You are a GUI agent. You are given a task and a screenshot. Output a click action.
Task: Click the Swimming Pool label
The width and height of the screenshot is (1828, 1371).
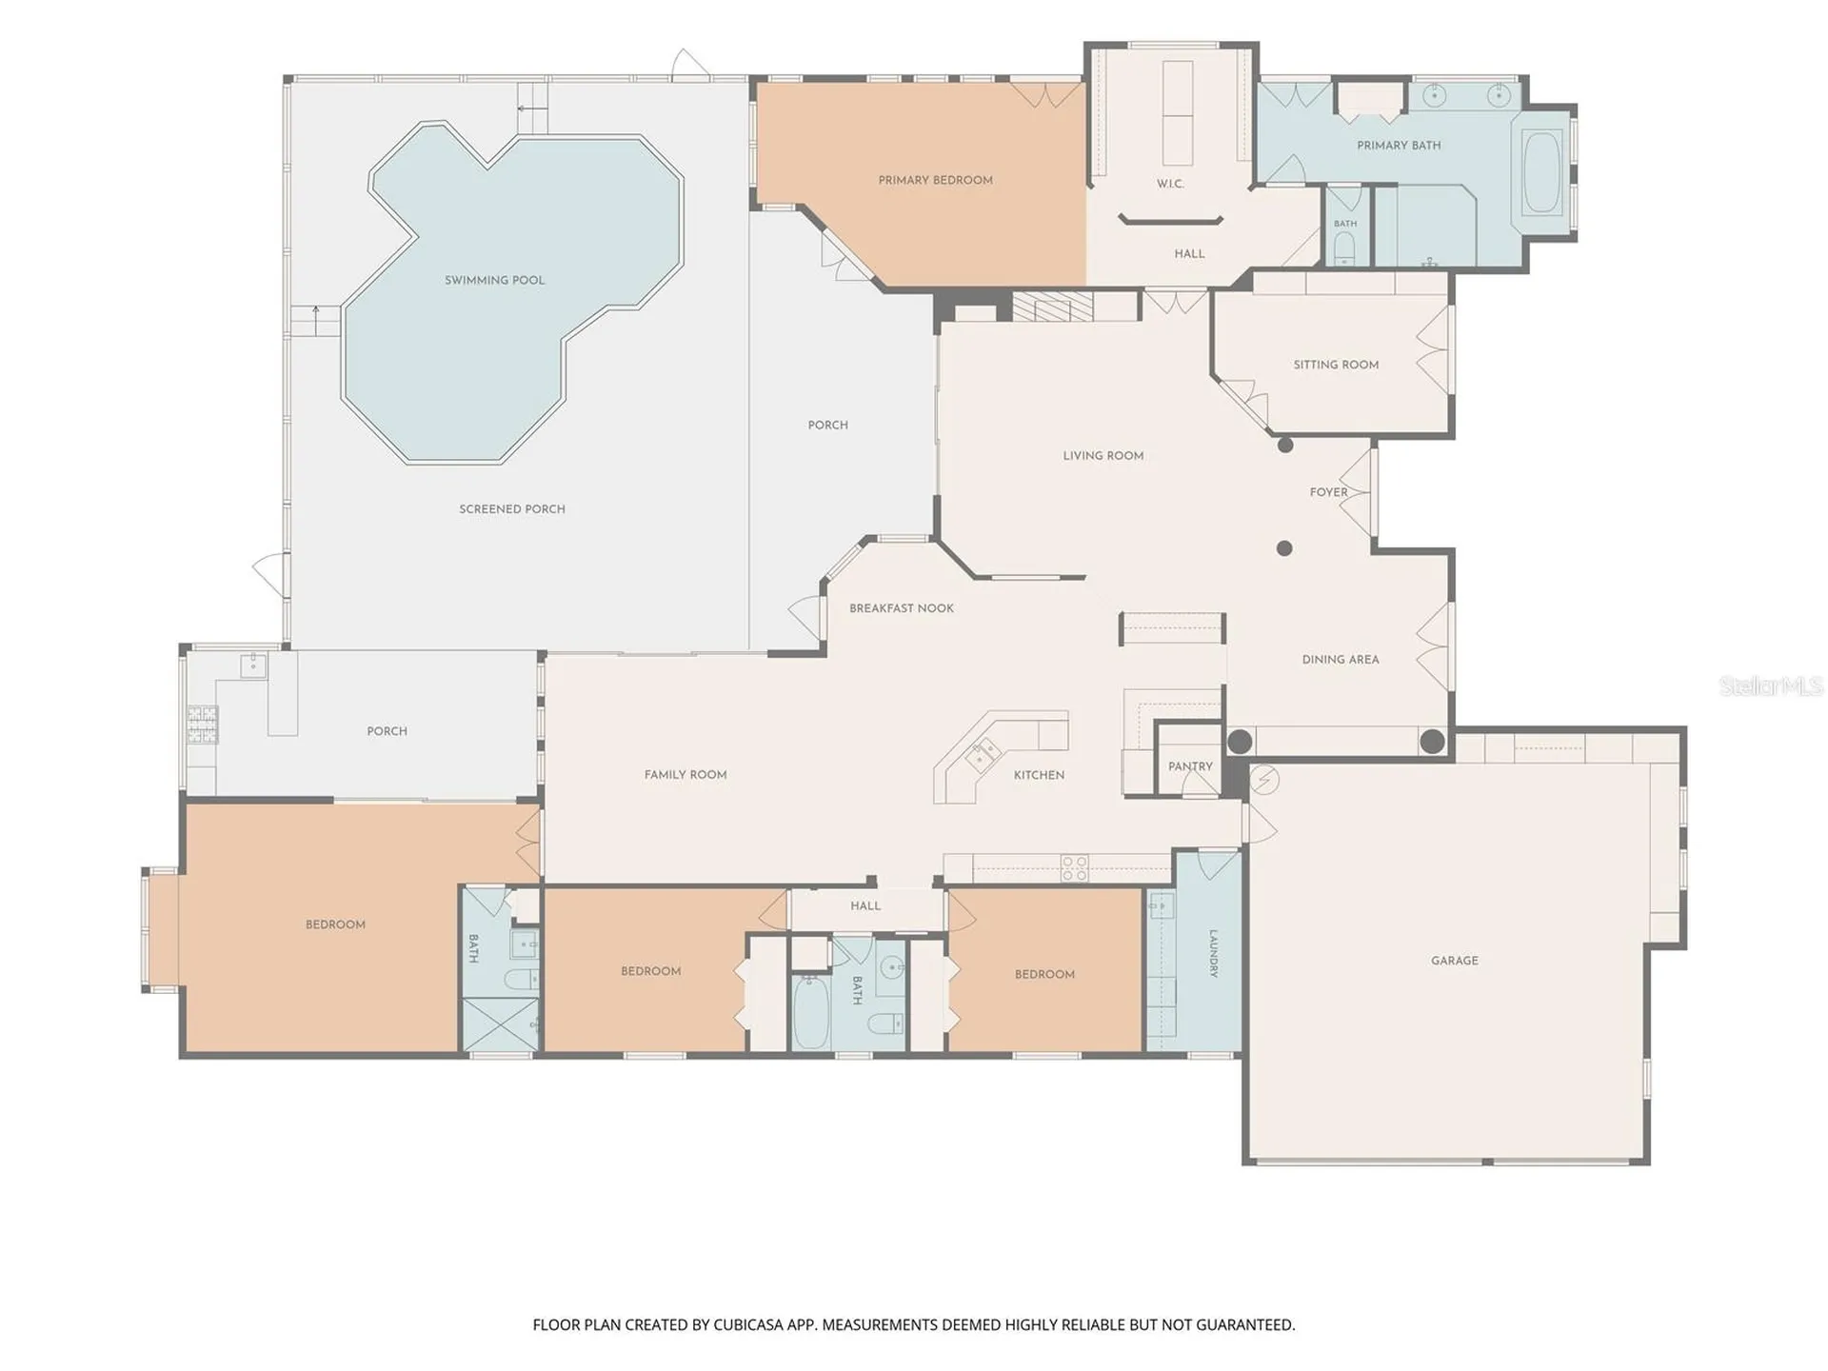click(494, 280)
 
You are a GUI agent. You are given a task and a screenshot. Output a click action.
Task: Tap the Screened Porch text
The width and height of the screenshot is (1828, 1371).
click(512, 509)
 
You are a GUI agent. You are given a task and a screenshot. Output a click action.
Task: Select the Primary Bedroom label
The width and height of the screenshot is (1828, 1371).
click(935, 180)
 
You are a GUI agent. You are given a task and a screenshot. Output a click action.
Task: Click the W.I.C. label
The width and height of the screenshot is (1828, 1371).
click(1170, 184)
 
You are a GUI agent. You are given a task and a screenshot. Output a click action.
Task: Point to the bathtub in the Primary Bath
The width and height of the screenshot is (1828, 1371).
click(1542, 173)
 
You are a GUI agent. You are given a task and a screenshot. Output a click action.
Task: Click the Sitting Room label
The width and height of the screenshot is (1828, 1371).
click(1336, 365)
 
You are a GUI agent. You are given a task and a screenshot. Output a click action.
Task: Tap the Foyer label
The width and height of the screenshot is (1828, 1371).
click(1328, 492)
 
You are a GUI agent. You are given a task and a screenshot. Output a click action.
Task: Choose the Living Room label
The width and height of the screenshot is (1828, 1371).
click(1103, 456)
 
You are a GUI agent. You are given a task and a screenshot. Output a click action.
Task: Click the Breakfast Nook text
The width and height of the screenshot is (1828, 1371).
click(901, 608)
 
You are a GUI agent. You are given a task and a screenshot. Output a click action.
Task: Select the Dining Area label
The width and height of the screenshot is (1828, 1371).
click(1341, 660)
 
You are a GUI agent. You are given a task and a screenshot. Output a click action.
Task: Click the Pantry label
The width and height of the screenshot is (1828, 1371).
click(1190, 766)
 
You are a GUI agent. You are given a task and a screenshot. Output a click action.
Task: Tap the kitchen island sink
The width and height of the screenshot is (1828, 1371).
click(981, 755)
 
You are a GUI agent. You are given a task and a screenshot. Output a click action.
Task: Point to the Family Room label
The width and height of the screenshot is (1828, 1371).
click(685, 775)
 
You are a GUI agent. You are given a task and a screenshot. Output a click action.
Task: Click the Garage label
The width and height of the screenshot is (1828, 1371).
click(1455, 961)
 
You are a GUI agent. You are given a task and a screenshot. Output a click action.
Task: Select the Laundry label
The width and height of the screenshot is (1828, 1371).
click(1213, 953)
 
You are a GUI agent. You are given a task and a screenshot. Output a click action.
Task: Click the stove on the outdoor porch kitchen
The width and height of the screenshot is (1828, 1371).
click(202, 724)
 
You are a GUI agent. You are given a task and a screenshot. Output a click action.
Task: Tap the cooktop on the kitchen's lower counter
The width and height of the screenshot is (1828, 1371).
click(1075, 868)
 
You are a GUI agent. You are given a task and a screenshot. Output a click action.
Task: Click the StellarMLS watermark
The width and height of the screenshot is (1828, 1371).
click(1771, 685)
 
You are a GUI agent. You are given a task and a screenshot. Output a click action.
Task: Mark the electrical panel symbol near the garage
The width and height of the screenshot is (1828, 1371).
click(1264, 780)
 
